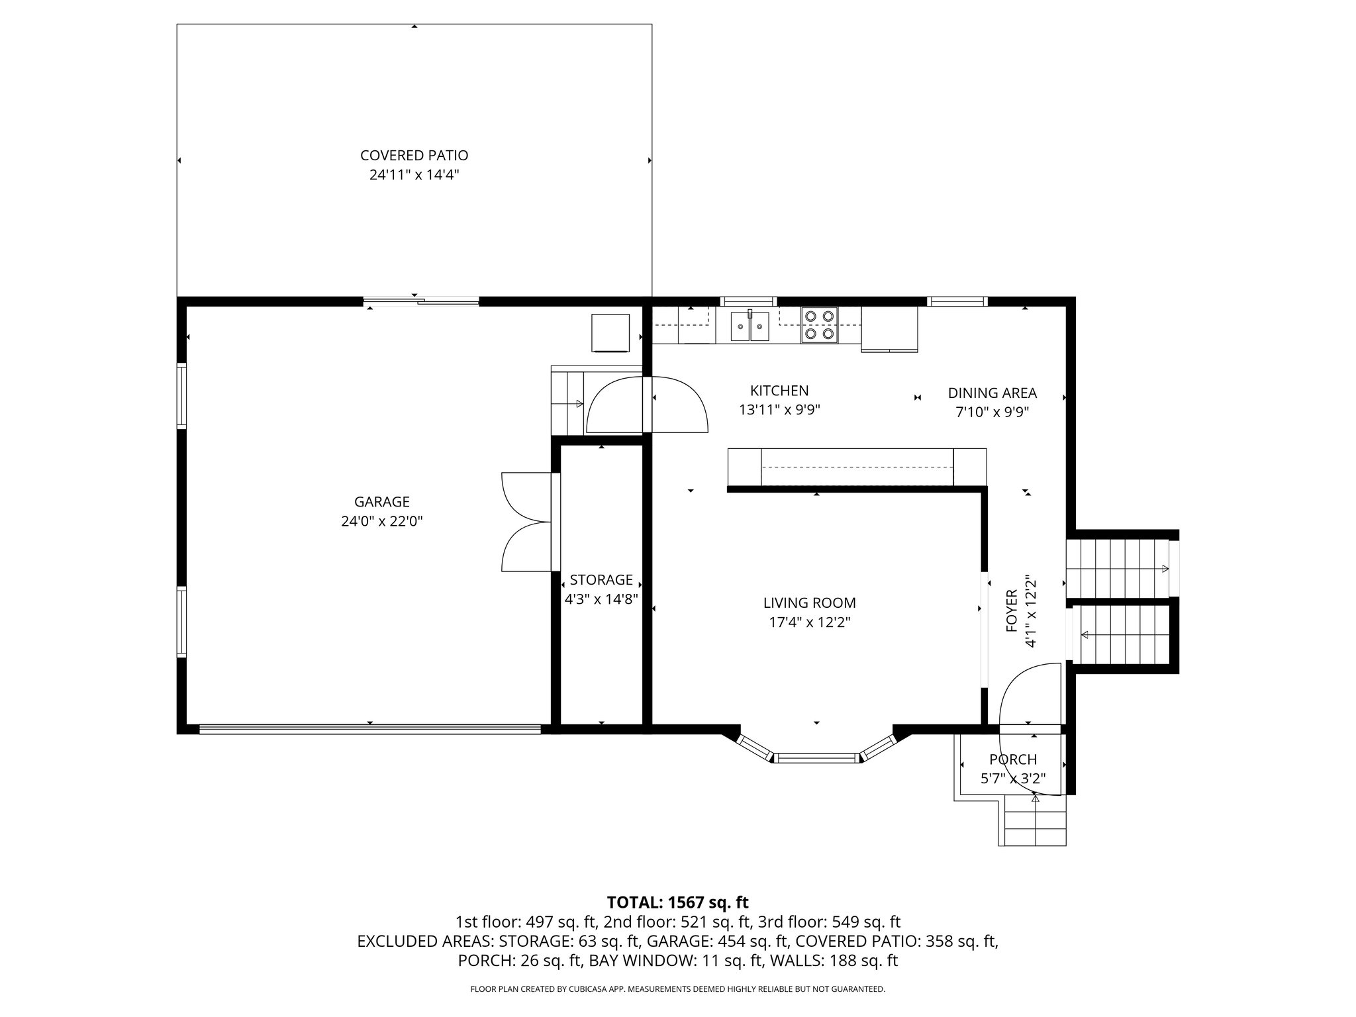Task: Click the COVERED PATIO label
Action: point(414,156)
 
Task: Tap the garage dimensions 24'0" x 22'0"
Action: point(381,522)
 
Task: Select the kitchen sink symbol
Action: point(750,325)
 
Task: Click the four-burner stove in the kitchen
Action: point(819,325)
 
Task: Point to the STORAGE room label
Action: point(601,580)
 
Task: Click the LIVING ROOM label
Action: point(809,603)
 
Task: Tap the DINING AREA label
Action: point(992,393)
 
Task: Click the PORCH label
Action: point(1013,759)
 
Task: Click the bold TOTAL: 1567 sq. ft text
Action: point(677,902)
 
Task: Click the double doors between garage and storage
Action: point(526,522)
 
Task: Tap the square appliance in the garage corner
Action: point(610,333)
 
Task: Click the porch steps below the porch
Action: point(1035,820)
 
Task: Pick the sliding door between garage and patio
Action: point(421,303)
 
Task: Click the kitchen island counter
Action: point(857,467)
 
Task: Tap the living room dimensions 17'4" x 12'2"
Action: point(809,622)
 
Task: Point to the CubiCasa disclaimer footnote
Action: point(677,989)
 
